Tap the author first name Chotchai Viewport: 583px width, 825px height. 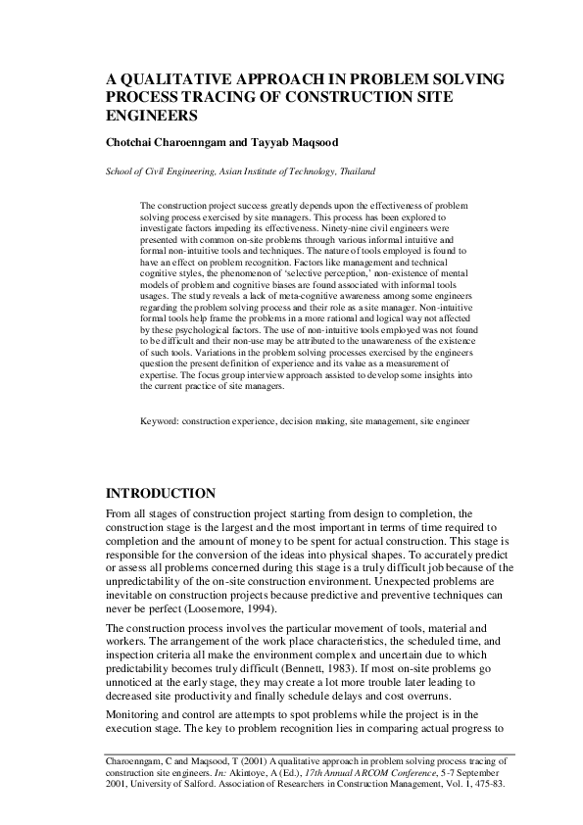[134, 143]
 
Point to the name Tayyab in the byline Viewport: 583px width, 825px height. [278, 143]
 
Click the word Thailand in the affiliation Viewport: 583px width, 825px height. [355, 170]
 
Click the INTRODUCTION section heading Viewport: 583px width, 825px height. [160, 493]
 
